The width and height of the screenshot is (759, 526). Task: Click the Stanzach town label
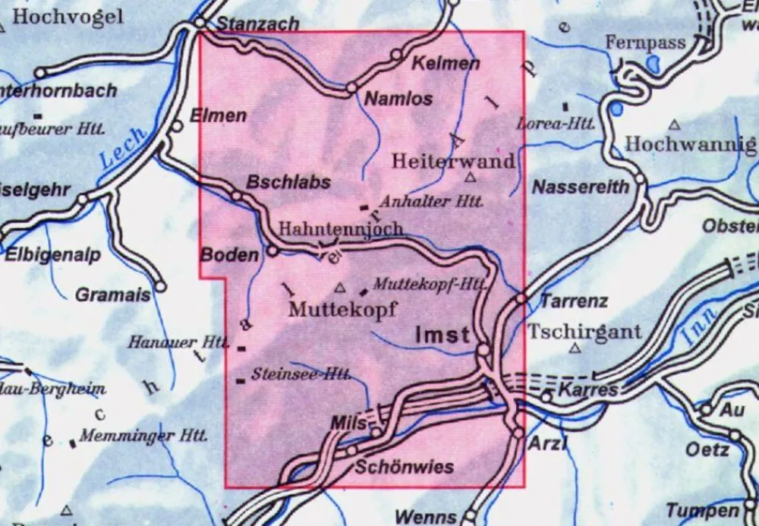pos(258,24)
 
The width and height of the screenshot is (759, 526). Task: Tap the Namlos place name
pos(398,99)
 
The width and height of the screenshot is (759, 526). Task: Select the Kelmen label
pos(446,64)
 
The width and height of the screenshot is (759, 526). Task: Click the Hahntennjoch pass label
pos(341,228)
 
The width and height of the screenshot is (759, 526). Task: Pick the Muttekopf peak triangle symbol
pos(340,288)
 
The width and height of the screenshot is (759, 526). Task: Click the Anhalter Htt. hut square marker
pos(364,206)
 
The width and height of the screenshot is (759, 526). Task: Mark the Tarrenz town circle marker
pos(521,299)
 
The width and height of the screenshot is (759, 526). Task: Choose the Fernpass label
pos(645,43)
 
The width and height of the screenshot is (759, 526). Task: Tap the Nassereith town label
pos(581,186)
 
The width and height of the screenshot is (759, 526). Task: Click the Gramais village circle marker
pos(161,287)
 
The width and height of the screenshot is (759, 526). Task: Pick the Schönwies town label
pos(405,466)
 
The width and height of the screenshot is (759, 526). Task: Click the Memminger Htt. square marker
pos(73,443)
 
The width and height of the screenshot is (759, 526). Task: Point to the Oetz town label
pos(707,449)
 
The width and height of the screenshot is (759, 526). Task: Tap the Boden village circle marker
pos(272,250)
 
